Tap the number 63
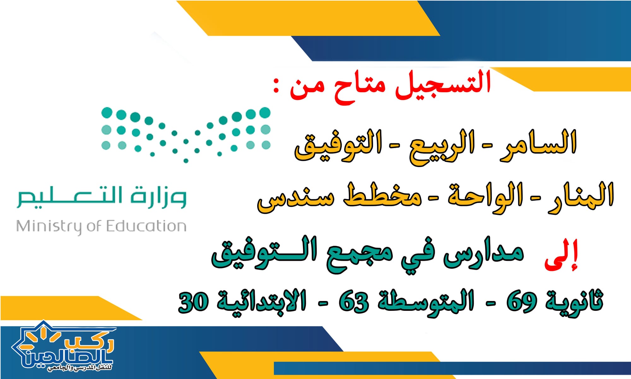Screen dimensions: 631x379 point(353,302)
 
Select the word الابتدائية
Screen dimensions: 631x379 point(262,301)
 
